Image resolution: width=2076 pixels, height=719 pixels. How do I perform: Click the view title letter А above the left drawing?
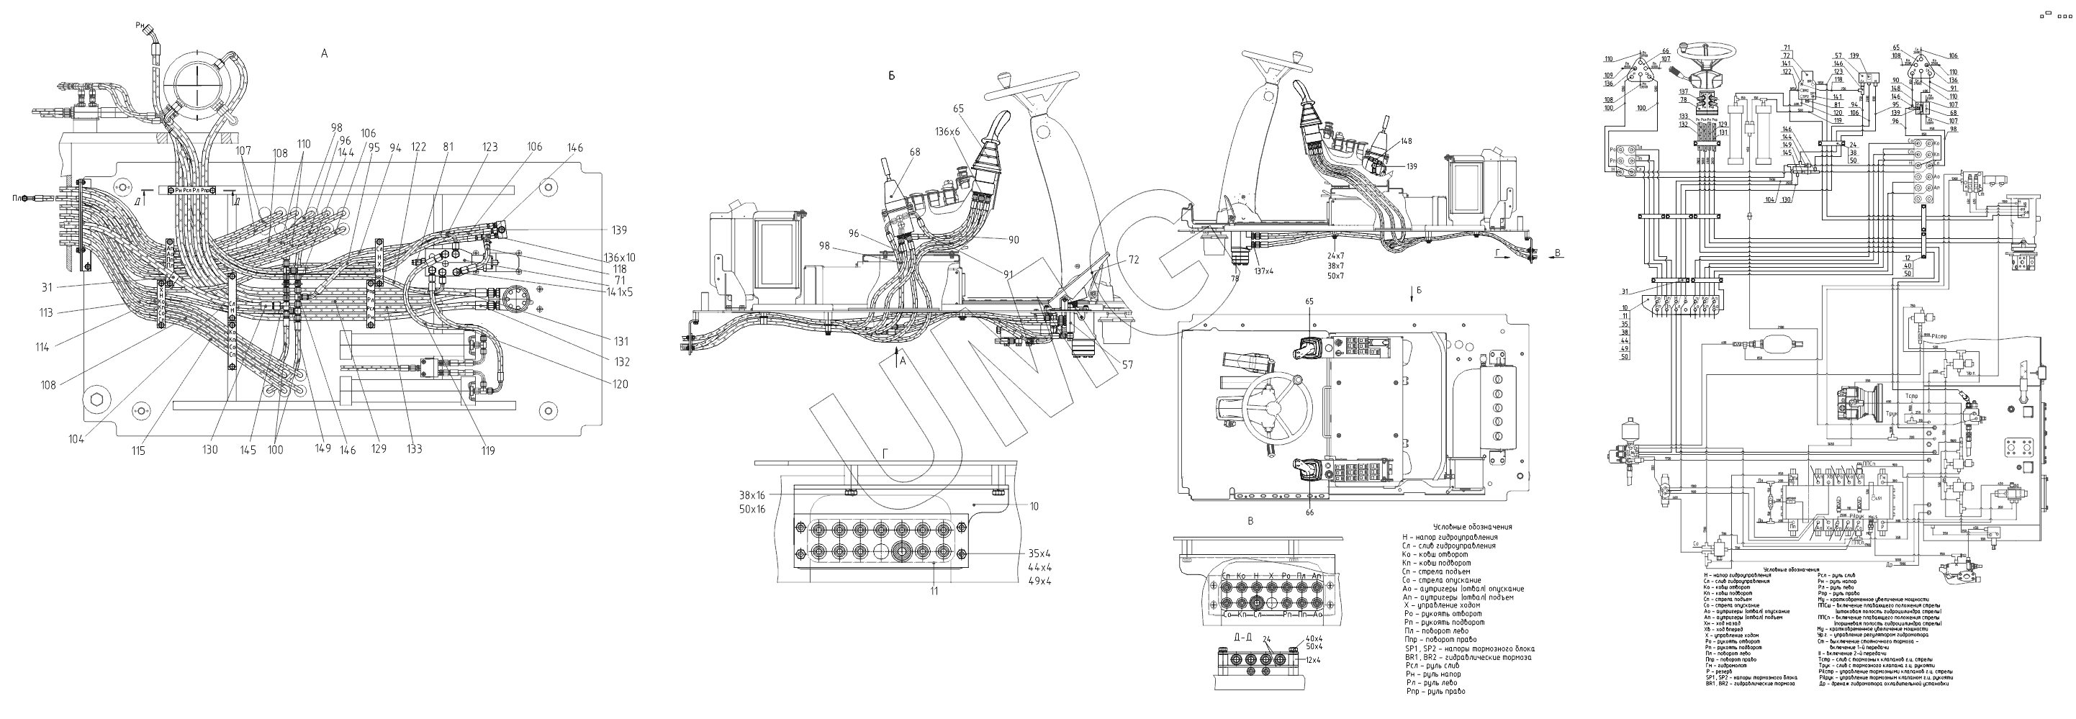tap(324, 54)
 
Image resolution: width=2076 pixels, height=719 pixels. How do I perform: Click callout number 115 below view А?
tap(139, 451)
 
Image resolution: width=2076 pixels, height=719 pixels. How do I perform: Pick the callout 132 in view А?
tap(620, 362)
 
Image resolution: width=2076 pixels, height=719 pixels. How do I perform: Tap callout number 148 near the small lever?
tap(1407, 141)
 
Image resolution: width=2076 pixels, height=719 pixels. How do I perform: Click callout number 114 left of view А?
tap(42, 348)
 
